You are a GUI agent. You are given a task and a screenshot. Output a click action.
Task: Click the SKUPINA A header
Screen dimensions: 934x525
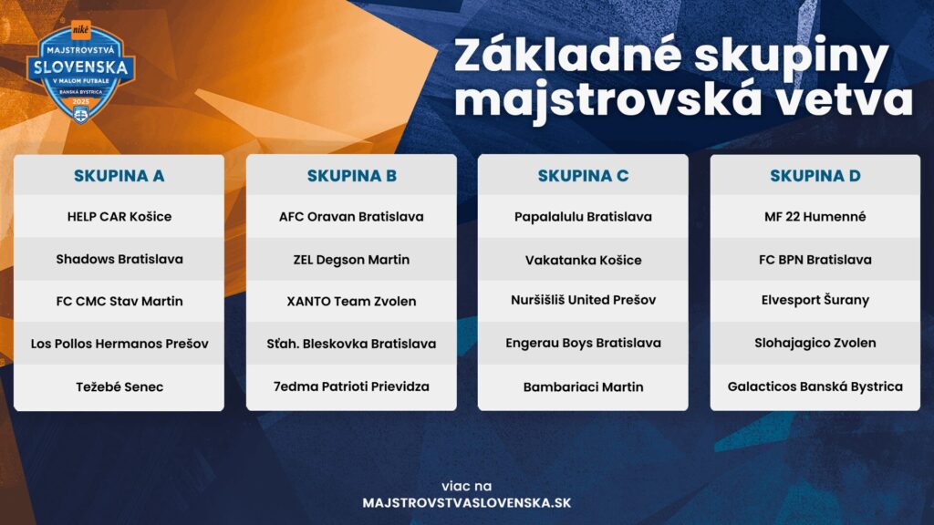pyautogui.click(x=119, y=176)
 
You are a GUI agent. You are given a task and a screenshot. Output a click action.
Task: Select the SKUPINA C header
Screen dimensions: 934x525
pyautogui.click(x=583, y=176)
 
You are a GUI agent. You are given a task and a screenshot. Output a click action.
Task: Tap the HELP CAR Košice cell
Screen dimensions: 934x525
pyautogui.click(x=119, y=217)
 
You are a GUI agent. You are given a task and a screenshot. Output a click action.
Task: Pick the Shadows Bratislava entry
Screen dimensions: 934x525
pyautogui.click(x=119, y=259)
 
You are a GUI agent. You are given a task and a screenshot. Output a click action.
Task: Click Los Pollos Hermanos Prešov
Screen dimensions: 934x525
pyautogui.click(x=119, y=344)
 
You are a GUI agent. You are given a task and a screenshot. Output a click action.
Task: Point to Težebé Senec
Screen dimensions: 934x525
pyautogui.click(x=119, y=386)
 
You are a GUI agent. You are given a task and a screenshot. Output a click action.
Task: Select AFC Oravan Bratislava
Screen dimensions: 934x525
pyautogui.click(x=351, y=217)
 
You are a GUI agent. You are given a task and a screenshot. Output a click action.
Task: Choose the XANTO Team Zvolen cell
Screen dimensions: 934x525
pyautogui.click(x=351, y=301)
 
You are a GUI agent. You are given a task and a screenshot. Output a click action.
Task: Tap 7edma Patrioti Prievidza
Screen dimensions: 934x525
pyautogui.click(x=351, y=386)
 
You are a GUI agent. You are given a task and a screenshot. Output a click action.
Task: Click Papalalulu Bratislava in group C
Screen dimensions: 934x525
pyautogui.click(x=583, y=217)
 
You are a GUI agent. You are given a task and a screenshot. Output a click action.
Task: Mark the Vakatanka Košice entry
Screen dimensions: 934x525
pyautogui.click(x=583, y=260)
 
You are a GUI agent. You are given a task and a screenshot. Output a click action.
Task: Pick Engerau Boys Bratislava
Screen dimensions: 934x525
pyautogui.click(x=583, y=343)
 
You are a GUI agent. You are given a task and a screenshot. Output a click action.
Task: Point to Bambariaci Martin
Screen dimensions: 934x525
pyautogui.click(x=583, y=386)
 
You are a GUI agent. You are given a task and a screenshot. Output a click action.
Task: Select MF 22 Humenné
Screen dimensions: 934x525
pyautogui.click(x=815, y=217)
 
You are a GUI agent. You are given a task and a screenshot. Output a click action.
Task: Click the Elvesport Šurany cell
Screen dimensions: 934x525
pyautogui.click(x=815, y=300)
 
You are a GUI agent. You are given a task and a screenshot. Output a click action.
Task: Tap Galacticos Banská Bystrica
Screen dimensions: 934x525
pyautogui.click(x=815, y=386)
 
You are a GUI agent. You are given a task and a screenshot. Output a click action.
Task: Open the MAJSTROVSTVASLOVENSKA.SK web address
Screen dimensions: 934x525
pyautogui.click(x=466, y=503)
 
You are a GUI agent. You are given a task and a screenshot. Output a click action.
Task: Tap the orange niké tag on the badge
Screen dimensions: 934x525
pyautogui.click(x=80, y=29)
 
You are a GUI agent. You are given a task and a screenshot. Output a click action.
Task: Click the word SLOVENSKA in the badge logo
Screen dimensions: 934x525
pyautogui.click(x=80, y=67)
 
